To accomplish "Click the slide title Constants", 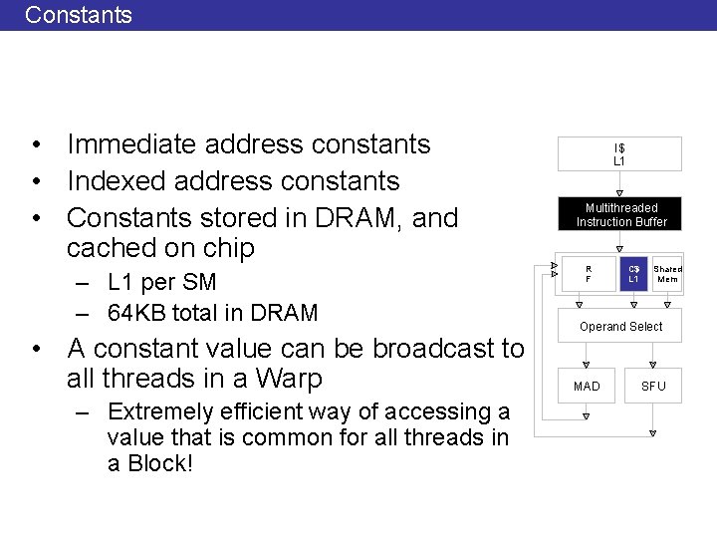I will click(78, 15).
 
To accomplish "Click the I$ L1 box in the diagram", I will click(618, 154).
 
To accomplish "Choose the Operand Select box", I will click(620, 326).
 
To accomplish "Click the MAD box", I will click(587, 386).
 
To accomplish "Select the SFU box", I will click(653, 386).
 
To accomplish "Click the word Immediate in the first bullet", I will click(131, 144).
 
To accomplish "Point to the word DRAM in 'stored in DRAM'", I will click(362, 217).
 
